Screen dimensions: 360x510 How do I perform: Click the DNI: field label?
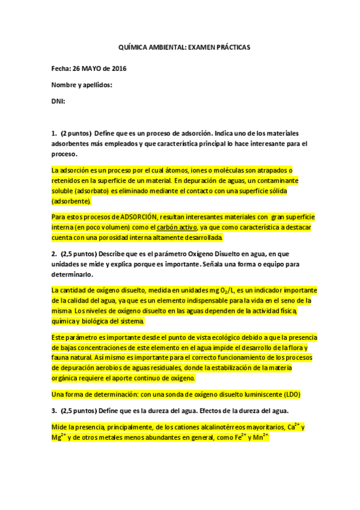pos(58,102)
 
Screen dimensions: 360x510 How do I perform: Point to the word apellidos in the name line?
pos(97,85)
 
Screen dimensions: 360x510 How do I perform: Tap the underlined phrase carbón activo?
pos(175,227)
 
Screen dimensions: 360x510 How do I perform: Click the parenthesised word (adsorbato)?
pos(91,191)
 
